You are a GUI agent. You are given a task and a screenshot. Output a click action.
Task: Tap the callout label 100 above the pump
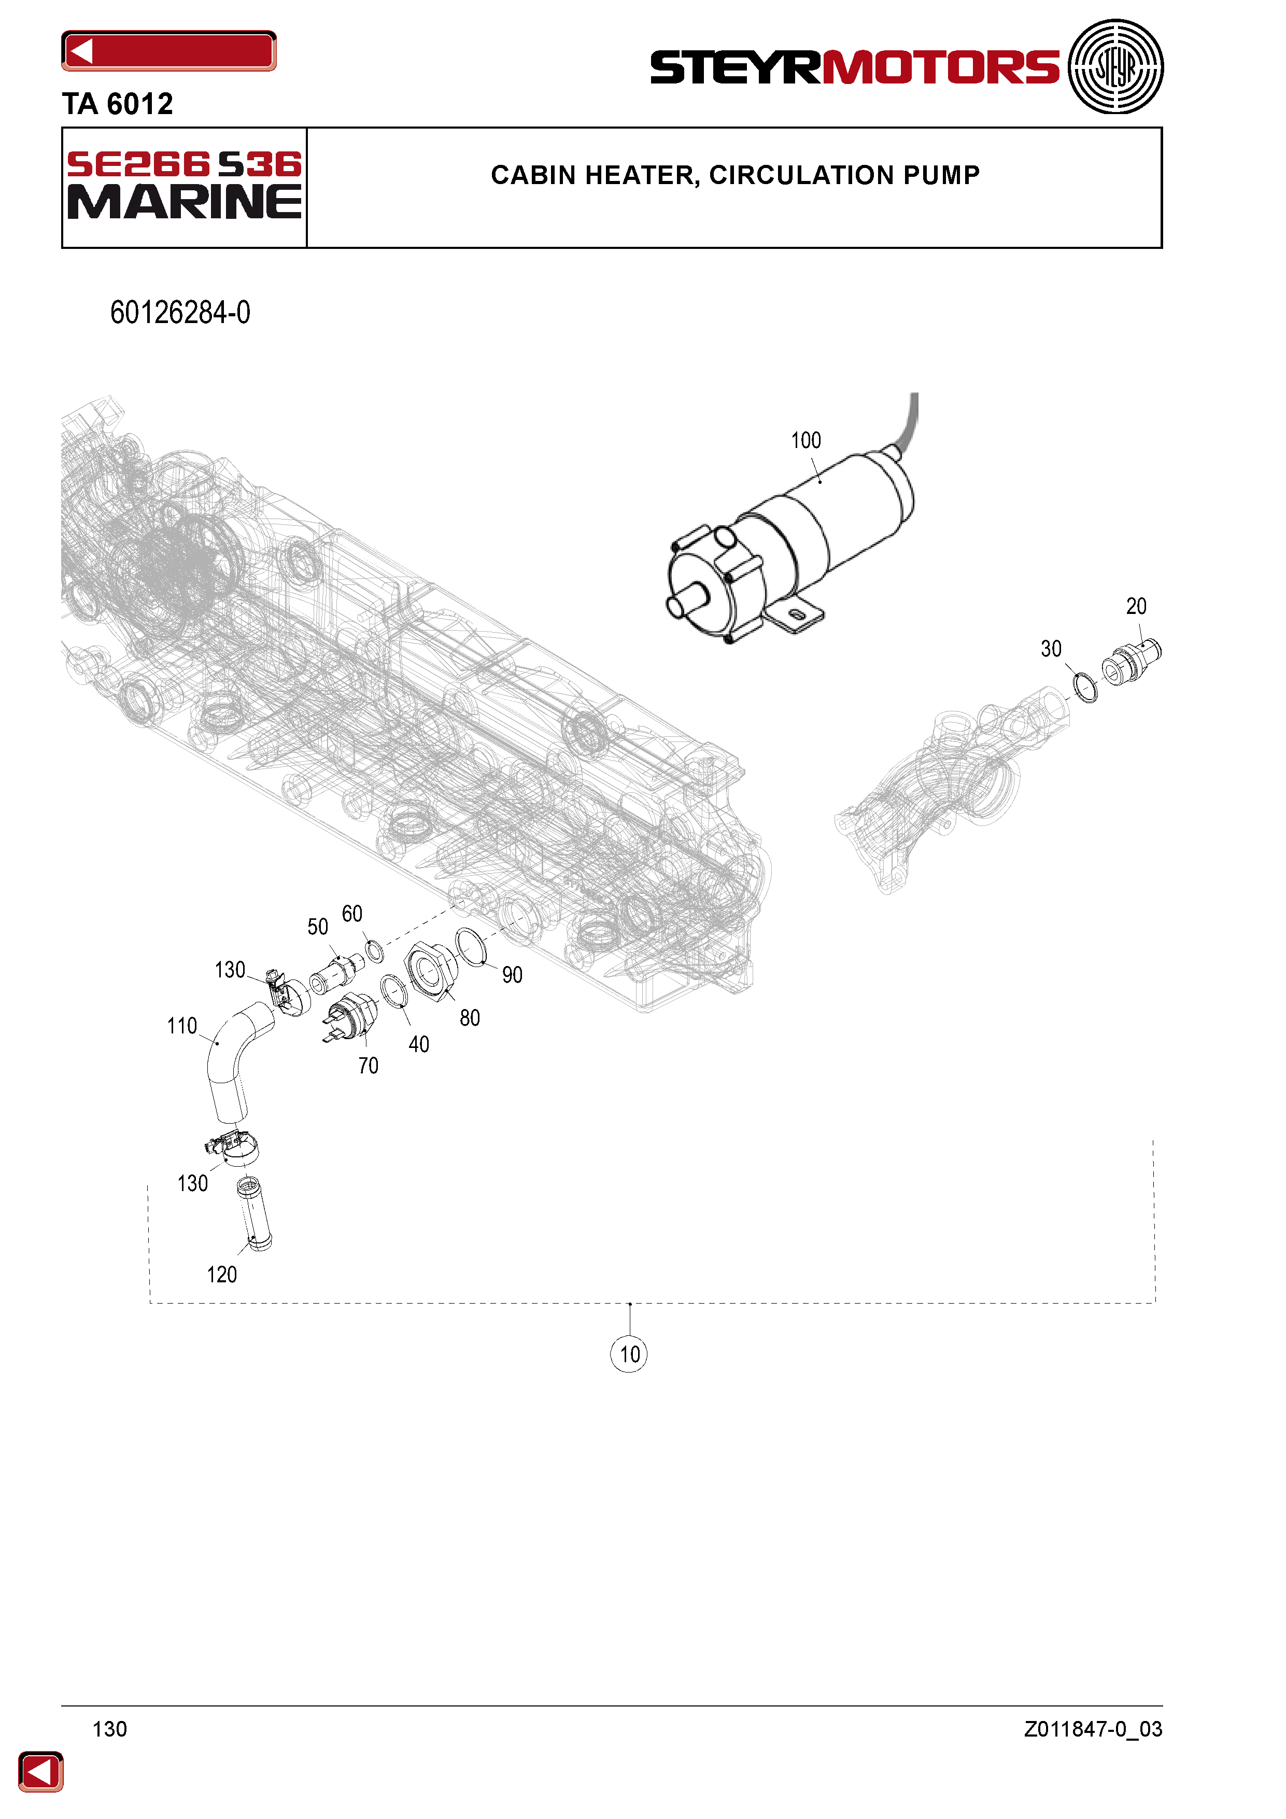click(x=805, y=440)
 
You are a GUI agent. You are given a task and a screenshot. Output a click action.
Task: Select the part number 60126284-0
click(x=180, y=313)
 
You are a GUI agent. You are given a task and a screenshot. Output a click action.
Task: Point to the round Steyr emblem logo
click(x=1116, y=66)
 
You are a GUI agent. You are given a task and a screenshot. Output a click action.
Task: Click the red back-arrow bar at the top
click(x=168, y=51)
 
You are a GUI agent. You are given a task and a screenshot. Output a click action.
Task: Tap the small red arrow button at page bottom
click(x=40, y=1771)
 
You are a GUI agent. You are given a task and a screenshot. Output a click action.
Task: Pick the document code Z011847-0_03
click(x=1093, y=1729)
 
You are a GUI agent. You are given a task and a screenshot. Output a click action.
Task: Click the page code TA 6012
click(x=117, y=104)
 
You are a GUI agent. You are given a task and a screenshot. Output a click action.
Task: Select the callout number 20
click(x=1136, y=606)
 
